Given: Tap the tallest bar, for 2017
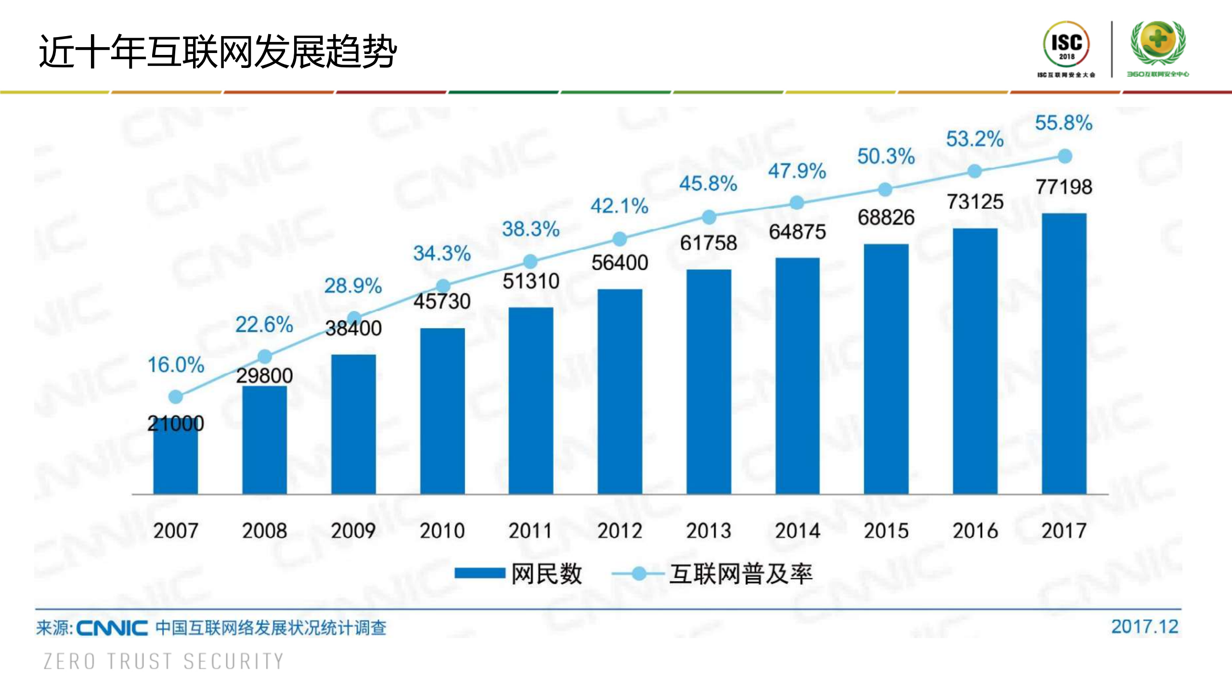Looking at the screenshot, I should click(x=1064, y=354).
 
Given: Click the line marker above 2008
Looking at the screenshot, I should click(x=264, y=356).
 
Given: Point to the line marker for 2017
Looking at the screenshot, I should click(x=1064, y=156).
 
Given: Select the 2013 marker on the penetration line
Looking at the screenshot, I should click(x=709, y=217).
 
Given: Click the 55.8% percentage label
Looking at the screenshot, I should click(x=1063, y=123).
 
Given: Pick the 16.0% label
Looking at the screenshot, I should click(x=176, y=365).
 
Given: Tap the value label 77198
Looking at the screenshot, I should click(x=1063, y=187).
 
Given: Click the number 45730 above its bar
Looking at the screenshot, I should click(x=441, y=301).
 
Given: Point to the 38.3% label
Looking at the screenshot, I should click(x=531, y=229).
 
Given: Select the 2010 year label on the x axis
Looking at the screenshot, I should click(x=441, y=531).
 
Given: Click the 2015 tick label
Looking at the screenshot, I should click(x=886, y=531).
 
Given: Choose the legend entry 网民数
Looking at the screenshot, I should click(x=519, y=574).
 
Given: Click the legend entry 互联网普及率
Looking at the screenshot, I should click(x=713, y=574).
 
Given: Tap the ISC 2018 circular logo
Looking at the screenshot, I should click(x=1066, y=45).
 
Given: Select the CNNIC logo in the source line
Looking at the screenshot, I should click(x=112, y=628).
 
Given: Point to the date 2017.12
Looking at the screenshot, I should click(x=1144, y=627).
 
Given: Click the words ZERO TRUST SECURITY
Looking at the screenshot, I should click(x=164, y=661).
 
